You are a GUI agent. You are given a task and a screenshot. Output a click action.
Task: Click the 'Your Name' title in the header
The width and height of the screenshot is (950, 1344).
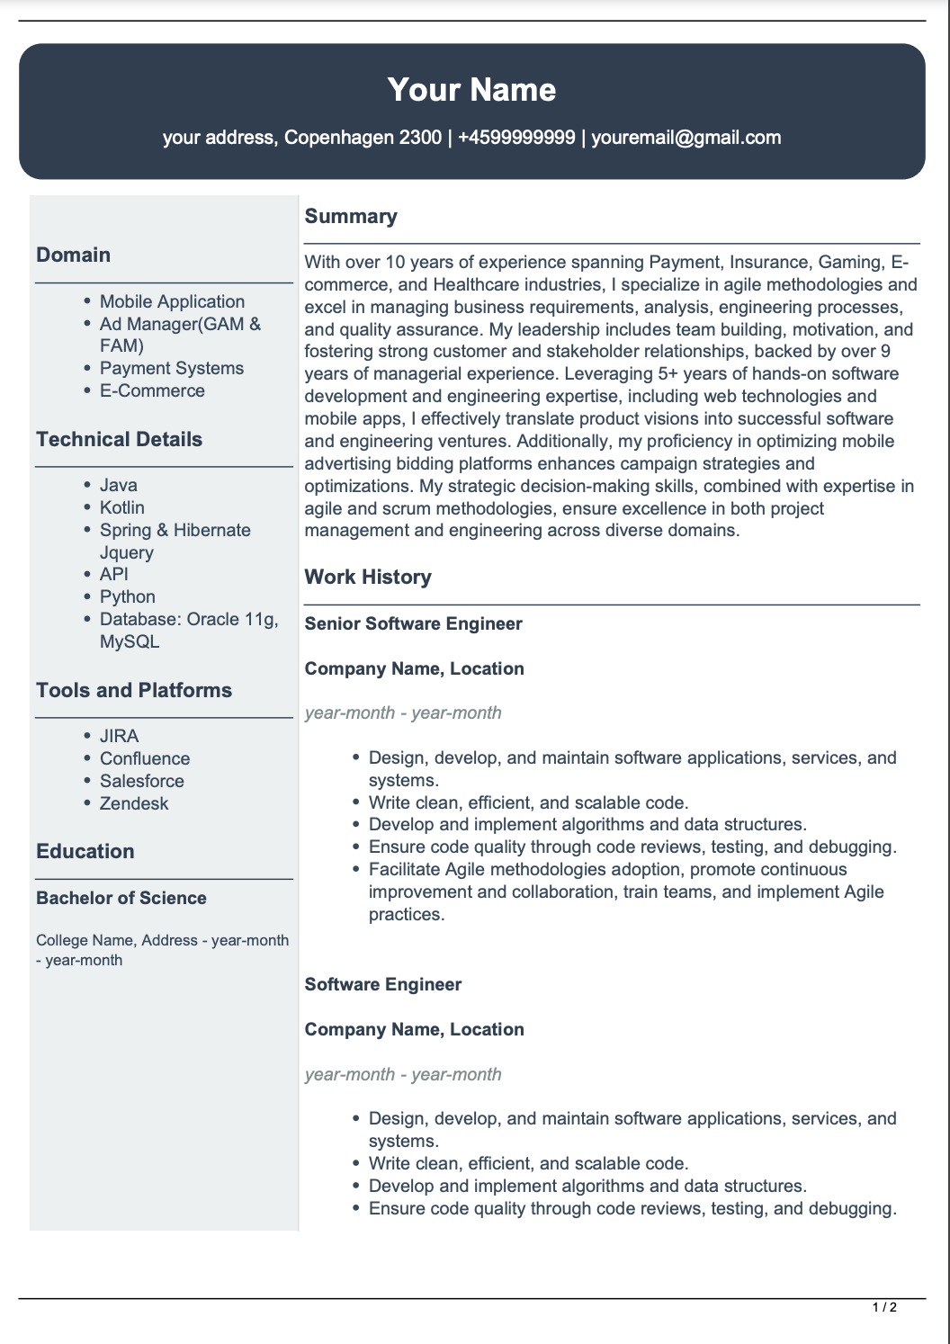[x=471, y=90]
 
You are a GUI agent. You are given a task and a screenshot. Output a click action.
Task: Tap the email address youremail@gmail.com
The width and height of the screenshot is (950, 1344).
[x=686, y=138]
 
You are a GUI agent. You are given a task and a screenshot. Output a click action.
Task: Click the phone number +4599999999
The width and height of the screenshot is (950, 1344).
[x=516, y=138]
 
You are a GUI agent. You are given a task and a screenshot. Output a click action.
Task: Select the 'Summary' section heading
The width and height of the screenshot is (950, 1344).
[x=351, y=217]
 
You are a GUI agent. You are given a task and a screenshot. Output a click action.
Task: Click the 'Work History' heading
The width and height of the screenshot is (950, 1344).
[x=368, y=578]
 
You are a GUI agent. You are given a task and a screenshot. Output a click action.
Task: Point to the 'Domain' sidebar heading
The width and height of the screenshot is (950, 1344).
[x=74, y=255]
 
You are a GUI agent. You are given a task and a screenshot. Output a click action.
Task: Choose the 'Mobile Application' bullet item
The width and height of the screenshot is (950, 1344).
[x=172, y=302]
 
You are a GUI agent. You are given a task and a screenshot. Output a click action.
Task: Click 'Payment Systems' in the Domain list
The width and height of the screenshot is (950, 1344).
[x=172, y=369]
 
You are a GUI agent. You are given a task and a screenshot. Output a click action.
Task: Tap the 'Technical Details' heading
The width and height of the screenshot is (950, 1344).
[x=120, y=440]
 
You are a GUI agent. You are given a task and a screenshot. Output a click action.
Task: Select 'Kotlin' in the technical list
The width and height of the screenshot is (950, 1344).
[x=122, y=508]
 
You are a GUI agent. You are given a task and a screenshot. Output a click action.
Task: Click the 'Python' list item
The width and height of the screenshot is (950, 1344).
[x=128, y=597]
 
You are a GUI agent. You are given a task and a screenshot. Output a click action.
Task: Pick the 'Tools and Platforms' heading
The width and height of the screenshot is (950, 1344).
[x=134, y=691]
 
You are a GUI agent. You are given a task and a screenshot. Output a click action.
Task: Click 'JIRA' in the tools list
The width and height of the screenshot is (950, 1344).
[x=120, y=737]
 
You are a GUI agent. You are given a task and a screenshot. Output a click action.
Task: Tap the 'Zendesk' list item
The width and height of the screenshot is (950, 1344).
[x=134, y=804]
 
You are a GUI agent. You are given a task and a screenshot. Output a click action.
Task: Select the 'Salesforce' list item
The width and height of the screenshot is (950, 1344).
[x=142, y=782]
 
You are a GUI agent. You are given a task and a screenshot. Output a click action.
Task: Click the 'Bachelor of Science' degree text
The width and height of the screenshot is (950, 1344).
[x=121, y=899]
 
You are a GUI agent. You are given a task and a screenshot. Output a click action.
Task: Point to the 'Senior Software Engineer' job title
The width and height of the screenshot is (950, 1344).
[x=414, y=624]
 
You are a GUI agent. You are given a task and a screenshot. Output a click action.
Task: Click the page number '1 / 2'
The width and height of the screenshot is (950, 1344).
[x=885, y=1307]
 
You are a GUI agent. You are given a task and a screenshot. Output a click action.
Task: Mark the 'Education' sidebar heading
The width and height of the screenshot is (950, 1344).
[x=85, y=852]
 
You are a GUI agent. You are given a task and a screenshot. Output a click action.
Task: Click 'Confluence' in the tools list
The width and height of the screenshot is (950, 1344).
[x=145, y=759]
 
